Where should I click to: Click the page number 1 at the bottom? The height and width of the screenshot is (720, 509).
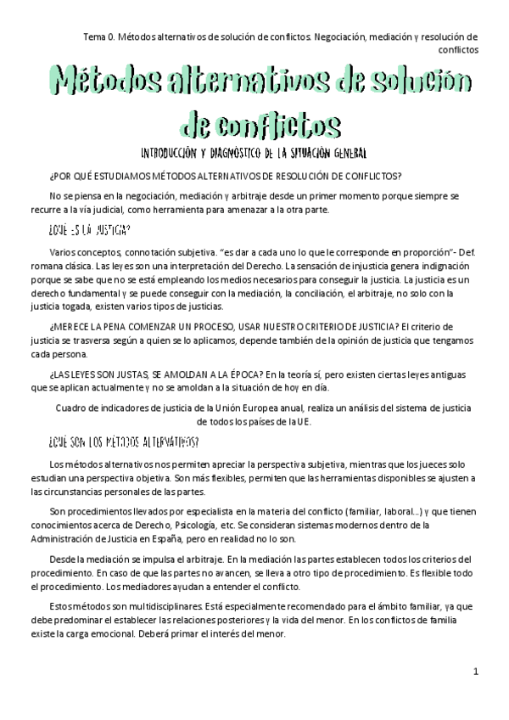tap(477, 672)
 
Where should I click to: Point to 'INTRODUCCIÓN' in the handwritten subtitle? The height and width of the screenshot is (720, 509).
tap(182, 154)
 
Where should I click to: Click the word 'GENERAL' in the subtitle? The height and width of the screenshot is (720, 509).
tap(344, 154)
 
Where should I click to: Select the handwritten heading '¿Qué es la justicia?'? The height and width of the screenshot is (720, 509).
tap(89, 230)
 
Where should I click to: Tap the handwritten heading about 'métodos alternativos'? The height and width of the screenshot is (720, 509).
tap(125, 442)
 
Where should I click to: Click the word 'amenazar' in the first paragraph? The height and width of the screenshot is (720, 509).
tap(272, 211)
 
